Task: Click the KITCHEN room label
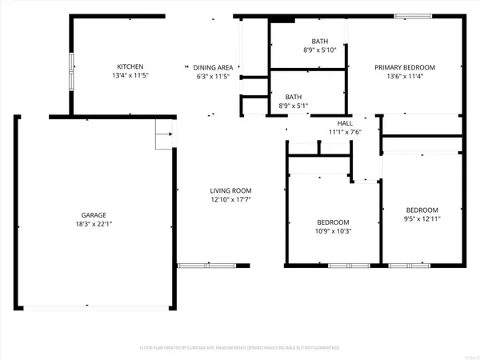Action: click(130, 66)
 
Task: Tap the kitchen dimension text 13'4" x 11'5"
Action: click(130, 76)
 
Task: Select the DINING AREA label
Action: click(213, 67)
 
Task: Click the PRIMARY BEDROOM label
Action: click(405, 67)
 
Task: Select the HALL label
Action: click(345, 123)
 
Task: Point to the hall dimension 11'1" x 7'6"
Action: click(345, 132)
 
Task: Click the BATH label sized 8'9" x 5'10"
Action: click(319, 41)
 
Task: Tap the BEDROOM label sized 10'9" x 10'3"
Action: click(333, 222)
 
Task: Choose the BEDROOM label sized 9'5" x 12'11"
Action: click(422, 210)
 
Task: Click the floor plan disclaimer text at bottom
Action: click(240, 348)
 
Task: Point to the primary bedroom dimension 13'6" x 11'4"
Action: click(405, 77)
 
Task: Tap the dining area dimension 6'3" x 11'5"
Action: click(213, 77)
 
